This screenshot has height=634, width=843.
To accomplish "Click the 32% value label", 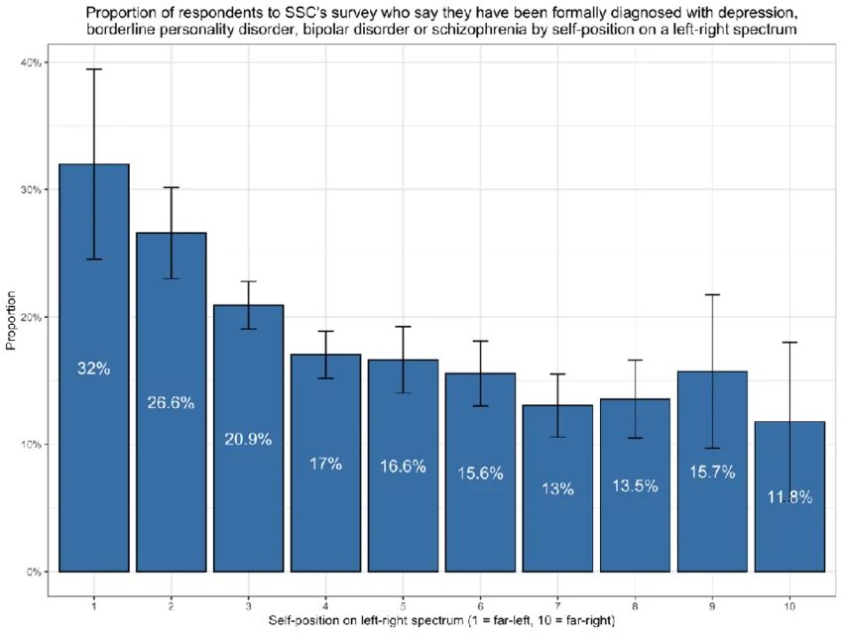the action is pyautogui.click(x=93, y=369).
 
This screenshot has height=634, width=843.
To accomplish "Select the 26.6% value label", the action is pyautogui.click(x=171, y=402).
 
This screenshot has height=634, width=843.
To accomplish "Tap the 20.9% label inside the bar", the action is pyautogui.click(x=248, y=439).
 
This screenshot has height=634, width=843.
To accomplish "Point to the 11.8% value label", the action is pyautogui.click(x=789, y=497).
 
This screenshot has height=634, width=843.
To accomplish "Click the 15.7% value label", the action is pyautogui.click(x=712, y=472).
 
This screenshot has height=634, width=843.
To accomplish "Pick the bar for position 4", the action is pyautogui.click(x=326, y=463).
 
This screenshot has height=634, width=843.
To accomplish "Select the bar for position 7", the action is pyautogui.click(x=557, y=488).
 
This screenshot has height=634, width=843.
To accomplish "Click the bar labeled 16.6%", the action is pyautogui.click(x=404, y=466).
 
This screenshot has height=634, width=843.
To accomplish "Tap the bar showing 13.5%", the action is pyautogui.click(x=635, y=485).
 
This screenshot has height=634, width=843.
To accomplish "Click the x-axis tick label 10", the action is pyautogui.click(x=789, y=606).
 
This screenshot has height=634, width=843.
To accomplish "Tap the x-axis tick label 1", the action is pyautogui.click(x=94, y=606).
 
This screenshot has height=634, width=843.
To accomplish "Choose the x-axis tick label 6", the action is pyautogui.click(x=480, y=606).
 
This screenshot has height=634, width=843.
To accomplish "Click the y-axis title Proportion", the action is pyautogui.click(x=11, y=321).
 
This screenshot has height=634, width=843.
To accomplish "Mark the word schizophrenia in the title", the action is pyautogui.click(x=479, y=29).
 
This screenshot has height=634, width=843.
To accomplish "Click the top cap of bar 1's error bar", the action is pyautogui.click(x=94, y=69).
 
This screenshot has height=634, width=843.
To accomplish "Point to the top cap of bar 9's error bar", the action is pyautogui.click(x=712, y=295).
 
